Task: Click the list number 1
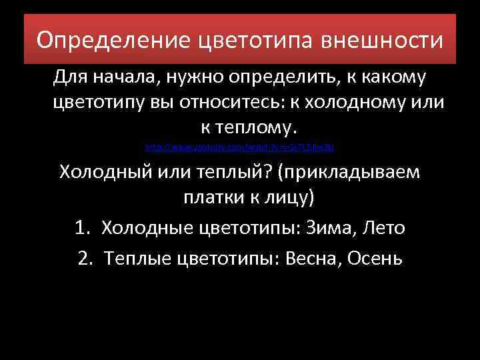82,227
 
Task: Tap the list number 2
85,258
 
